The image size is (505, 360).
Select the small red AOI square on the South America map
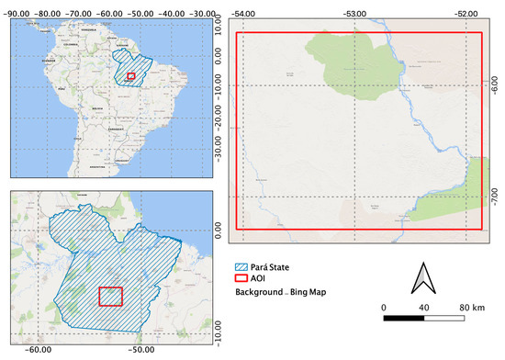[x=131, y=78]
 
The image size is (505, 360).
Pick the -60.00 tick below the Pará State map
[x=37, y=350]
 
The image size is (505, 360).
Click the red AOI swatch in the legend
[x=241, y=278]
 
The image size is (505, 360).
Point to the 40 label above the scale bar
[x=424, y=307]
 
